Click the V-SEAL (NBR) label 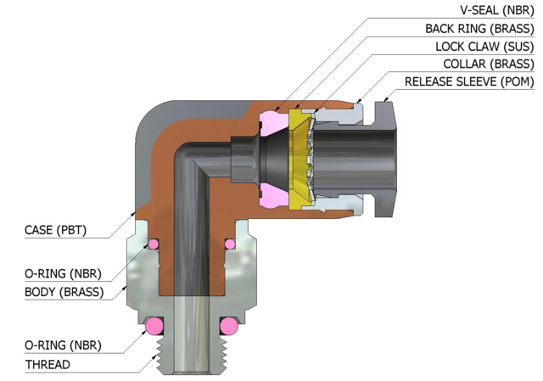pyautogui.click(x=497, y=10)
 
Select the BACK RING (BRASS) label pyautogui.click(x=479, y=28)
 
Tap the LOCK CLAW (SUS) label pyautogui.click(x=484, y=47)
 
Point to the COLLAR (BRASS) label pyautogui.click(x=489, y=64)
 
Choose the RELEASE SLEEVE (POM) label pyautogui.click(x=469, y=81)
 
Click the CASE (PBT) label pyautogui.click(x=55, y=230)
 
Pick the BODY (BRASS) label pyautogui.click(x=64, y=292)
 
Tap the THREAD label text pyautogui.click(x=48, y=365)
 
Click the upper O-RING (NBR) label pyautogui.click(x=63, y=273)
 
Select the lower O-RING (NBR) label pyautogui.click(x=63, y=345)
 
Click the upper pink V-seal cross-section pyautogui.click(x=273, y=123)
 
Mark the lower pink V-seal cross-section pyautogui.click(x=273, y=196)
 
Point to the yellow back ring pyautogui.click(x=297, y=160)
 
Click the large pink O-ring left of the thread pyautogui.click(x=154, y=326)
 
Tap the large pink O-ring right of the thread pyautogui.click(x=229, y=326)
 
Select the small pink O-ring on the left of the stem pyautogui.click(x=154, y=244)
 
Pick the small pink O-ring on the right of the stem pyautogui.click(x=230, y=244)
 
